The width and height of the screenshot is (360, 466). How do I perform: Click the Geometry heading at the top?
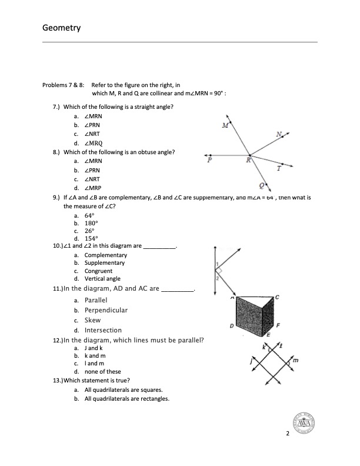62,28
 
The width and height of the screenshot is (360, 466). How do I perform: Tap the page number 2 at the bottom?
288,434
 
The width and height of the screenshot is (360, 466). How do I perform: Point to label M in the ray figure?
225,126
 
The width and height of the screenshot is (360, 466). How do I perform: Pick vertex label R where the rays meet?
249,159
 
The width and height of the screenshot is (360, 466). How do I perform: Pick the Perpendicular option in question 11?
106,310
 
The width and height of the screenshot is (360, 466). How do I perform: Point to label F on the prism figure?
278,325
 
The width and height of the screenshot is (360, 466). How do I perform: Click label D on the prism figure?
231,326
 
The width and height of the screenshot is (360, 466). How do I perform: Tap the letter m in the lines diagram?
295,360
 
